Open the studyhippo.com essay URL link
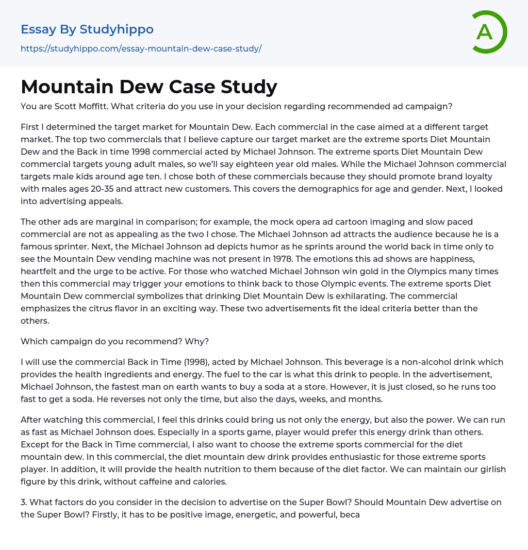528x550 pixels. click(x=141, y=48)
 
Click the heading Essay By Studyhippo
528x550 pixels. click(x=87, y=29)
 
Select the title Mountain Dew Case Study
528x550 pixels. click(x=149, y=87)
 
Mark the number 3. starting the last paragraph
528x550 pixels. click(x=24, y=502)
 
